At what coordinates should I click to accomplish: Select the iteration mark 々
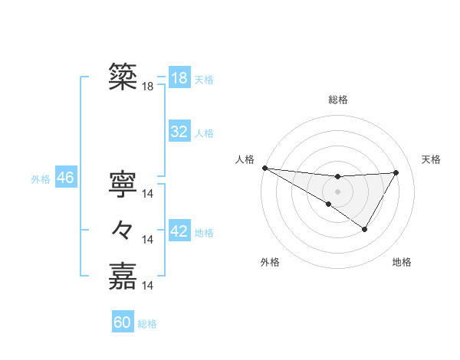[x=123, y=229]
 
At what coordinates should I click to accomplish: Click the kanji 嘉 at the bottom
[x=123, y=276]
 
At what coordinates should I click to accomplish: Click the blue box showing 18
[x=179, y=78]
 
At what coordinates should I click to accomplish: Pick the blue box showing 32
[x=179, y=132]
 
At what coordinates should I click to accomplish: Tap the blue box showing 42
[x=179, y=231]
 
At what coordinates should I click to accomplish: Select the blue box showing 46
[x=65, y=178]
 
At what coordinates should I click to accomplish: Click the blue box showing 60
[x=123, y=322]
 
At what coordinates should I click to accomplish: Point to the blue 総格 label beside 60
[x=147, y=324]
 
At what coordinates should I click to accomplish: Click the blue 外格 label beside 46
[x=41, y=179]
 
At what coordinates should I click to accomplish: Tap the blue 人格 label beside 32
[x=204, y=133]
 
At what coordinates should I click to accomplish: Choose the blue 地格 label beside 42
[x=204, y=233]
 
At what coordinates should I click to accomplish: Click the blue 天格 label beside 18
[x=204, y=80]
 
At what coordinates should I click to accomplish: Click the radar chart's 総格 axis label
[x=338, y=100]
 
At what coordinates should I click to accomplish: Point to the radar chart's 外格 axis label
[x=270, y=262]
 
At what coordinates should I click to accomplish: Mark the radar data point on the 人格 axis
[x=264, y=168]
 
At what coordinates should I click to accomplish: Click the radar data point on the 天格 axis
[x=396, y=172]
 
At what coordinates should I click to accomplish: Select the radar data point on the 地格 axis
[x=365, y=229]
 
